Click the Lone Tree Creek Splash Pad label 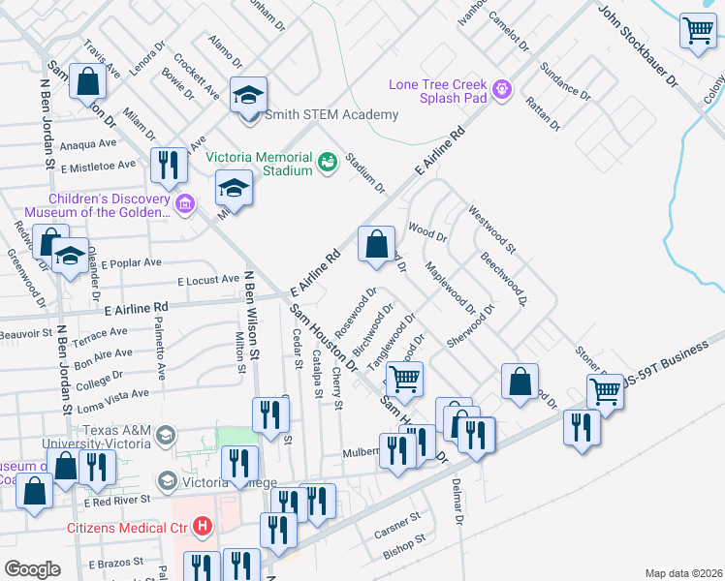coord(439,91)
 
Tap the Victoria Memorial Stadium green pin coord(327,160)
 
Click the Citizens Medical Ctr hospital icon coord(203,527)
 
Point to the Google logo coord(32,569)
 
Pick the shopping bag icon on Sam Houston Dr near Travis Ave coord(87,83)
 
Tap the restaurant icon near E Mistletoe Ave coord(170,166)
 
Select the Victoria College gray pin coord(167,481)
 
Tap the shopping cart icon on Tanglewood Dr coord(404,379)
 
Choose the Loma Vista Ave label coord(112,394)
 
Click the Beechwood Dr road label coord(503,280)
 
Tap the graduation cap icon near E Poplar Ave coord(70,257)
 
